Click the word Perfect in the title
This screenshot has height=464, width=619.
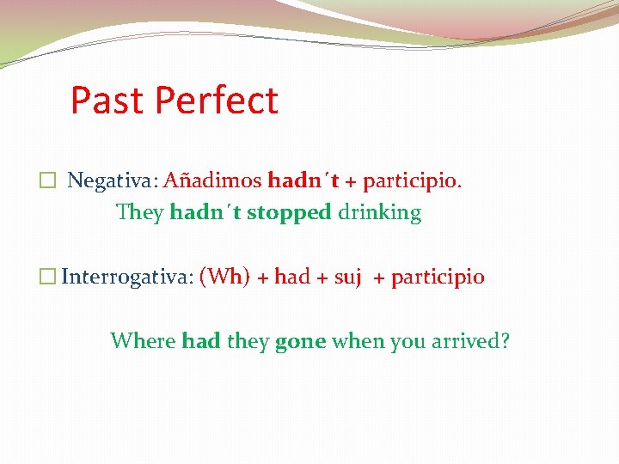click(x=217, y=101)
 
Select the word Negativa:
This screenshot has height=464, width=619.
click(x=112, y=181)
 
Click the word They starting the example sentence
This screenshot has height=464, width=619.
click(x=139, y=213)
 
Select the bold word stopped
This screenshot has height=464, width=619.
click(x=289, y=213)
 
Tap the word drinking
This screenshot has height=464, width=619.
click(x=379, y=213)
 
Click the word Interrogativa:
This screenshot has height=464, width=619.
click(x=126, y=278)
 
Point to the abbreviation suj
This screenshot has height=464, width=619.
click(x=346, y=278)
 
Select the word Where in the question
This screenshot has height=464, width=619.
click(x=143, y=341)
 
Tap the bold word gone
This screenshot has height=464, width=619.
click(x=300, y=342)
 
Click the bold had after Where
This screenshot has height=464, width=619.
click(x=201, y=341)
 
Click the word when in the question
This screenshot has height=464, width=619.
click(x=358, y=341)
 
